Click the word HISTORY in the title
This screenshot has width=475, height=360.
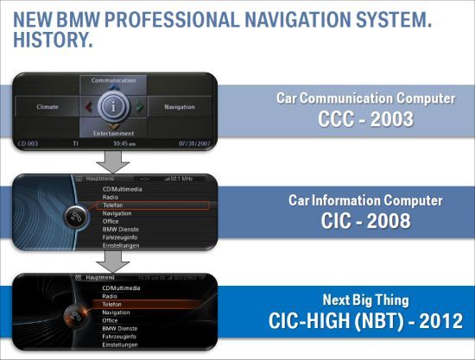[x=53, y=39]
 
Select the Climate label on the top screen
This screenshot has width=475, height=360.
[x=48, y=107]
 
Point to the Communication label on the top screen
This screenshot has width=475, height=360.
[x=113, y=80]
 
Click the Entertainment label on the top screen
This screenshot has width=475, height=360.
[x=113, y=134]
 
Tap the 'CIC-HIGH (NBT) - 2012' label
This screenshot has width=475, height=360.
[x=365, y=322]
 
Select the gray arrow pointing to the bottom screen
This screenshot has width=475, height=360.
[x=113, y=261]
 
